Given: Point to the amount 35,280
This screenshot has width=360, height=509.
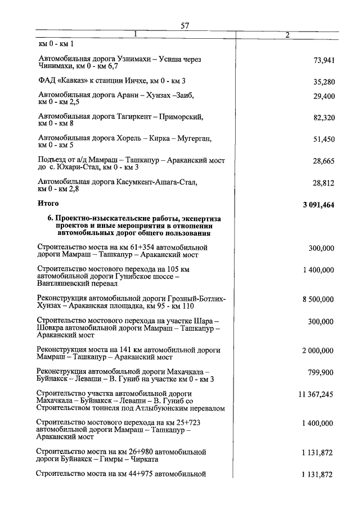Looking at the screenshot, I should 323,82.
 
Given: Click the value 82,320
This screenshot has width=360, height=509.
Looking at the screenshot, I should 323,118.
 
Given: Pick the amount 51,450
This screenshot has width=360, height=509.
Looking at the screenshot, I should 323,139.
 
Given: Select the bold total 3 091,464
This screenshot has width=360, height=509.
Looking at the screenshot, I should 318,205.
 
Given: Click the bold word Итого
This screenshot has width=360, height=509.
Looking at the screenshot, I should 48,202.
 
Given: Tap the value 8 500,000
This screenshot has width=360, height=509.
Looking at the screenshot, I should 318,300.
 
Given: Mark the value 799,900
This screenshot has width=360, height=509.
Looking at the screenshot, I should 321,372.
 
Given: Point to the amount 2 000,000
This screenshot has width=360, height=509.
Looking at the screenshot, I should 318,350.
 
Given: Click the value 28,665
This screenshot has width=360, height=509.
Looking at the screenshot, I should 323,161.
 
